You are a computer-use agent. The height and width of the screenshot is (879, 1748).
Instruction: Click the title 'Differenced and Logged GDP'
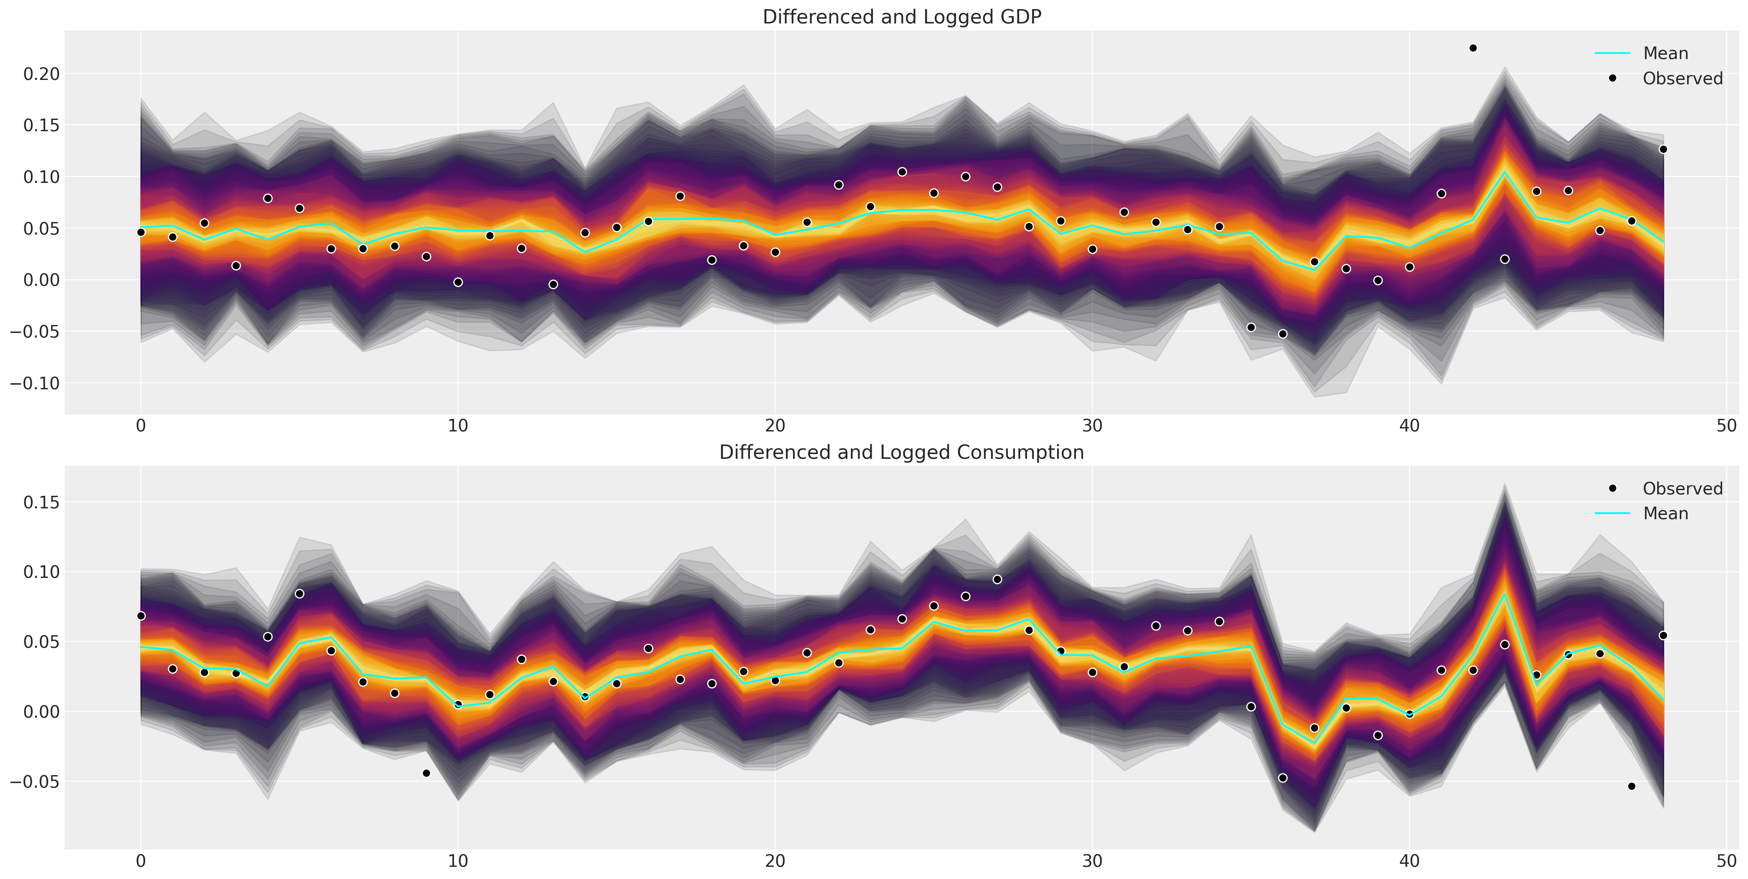pyautogui.click(x=902, y=17)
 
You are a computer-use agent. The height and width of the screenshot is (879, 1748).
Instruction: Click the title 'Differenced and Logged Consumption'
pyautogui.click(x=902, y=453)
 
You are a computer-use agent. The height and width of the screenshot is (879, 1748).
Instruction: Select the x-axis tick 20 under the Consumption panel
pyautogui.click(x=775, y=862)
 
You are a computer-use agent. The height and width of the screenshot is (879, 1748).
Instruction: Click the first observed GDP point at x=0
pyautogui.click(x=141, y=232)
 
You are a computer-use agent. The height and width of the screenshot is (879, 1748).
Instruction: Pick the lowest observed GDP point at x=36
pyautogui.click(x=1283, y=334)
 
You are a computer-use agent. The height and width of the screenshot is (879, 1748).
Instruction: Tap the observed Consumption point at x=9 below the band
pyautogui.click(x=426, y=773)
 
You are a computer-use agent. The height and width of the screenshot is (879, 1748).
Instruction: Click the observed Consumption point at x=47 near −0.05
pyautogui.click(x=1631, y=786)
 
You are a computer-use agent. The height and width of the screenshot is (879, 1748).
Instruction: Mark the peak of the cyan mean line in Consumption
pyautogui.click(x=1504, y=594)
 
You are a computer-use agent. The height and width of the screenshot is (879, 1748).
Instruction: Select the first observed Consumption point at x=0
pyautogui.click(x=141, y=616)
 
